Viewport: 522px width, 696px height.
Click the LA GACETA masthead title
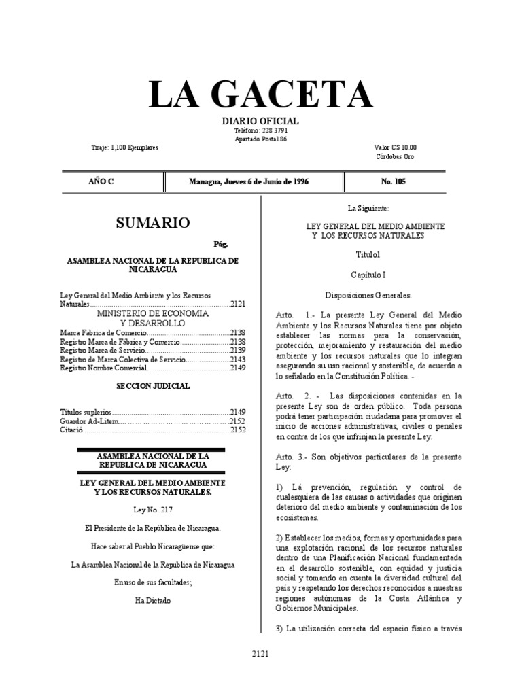tap(261, 95)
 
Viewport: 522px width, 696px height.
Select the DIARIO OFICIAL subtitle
tap(261, 121)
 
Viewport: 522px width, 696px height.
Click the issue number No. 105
tap(394, 181)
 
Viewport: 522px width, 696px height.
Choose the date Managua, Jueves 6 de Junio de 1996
tap(254, 181)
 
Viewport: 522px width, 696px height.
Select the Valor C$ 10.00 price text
tap(395, 147)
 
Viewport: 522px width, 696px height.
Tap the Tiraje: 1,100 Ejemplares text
tap(124, 147)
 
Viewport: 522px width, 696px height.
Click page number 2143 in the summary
tap(237, 359)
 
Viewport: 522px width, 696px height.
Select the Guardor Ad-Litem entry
tap(89, 421)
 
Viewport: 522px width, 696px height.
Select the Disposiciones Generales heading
tap(369, 296)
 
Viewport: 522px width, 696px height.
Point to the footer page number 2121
tap(260, 654)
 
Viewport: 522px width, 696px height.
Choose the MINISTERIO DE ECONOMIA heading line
tap(152, 314)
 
